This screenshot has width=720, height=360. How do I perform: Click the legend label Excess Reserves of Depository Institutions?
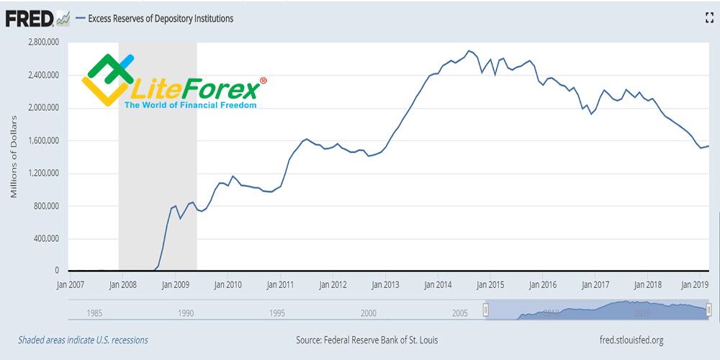click(160, 19)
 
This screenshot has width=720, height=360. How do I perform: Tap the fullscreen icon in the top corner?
click(708, 19)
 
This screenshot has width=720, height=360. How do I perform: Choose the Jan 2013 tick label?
click(384, 285)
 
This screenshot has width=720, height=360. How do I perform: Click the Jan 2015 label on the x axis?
click(490, 285)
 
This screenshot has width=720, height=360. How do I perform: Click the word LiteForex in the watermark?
click(194, 90)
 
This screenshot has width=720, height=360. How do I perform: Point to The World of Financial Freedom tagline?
click(190, 105)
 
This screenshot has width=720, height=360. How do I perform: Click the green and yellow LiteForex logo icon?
click(107, 78)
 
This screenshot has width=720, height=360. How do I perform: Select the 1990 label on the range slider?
click(186, 313)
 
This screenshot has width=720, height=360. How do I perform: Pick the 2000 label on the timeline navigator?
click(369, 313)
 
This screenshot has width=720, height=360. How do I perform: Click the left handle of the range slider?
click(485, 309)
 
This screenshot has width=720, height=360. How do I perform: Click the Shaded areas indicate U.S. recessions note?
click(83, 340)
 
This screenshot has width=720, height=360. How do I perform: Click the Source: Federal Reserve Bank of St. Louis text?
click(366, 340)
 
